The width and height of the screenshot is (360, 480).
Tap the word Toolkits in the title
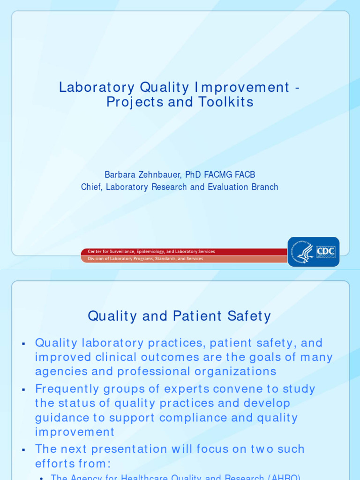coord(227,102)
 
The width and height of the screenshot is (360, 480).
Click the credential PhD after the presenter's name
coord(193,175)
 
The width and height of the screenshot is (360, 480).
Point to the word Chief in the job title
coord(91,187)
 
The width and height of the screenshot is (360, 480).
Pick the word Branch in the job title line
coord(265,187)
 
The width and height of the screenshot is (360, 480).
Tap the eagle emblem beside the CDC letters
coord(305,252)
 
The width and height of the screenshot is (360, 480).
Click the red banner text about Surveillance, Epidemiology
coord(151,252)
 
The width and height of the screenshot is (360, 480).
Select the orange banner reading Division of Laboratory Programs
coord(145,259)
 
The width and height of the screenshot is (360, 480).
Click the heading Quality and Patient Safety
coord(179,316)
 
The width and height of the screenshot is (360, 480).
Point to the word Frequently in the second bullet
coord(67,389)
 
